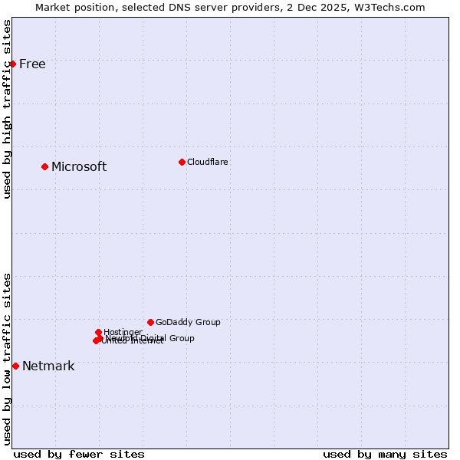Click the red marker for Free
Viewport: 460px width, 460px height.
coord(13,64)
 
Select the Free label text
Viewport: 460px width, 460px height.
coord(32,64)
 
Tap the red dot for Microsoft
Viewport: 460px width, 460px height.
coord(45,166)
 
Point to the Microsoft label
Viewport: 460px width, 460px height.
coord(79,167)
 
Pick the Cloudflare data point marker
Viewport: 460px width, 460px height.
coord(182,162)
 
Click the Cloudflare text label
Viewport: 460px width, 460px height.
coord(208,163)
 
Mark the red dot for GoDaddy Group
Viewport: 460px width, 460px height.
coord(150,322)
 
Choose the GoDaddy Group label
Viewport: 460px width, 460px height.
coord(188,323)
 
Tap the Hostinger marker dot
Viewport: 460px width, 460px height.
coord(99,332)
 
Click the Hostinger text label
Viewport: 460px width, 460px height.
coord(123,332)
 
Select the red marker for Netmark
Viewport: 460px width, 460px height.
coord(15,366)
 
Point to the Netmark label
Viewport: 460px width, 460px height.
coord(48,366)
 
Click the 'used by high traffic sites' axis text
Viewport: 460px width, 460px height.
coord(8,109)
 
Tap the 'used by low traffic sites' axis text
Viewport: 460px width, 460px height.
coord(8,359)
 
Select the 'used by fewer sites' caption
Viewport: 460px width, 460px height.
coord(79,455)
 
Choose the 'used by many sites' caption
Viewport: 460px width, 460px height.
coord(385,455)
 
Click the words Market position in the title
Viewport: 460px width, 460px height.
coord(74,8)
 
